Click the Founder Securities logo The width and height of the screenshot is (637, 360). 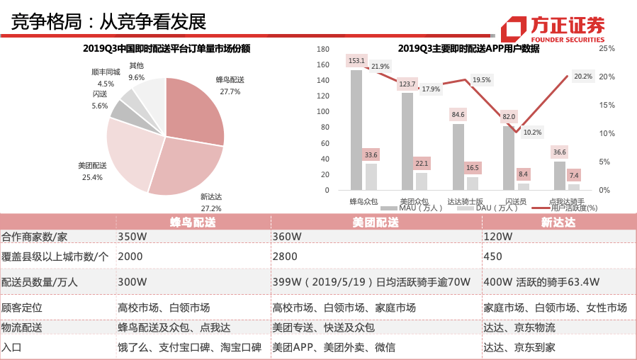[x=553, y=27]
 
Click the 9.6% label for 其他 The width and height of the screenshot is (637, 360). [x=137, y=77]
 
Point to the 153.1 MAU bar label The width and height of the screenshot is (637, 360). [x=356, y=61]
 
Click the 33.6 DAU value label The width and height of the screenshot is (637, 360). [x=371, y=154]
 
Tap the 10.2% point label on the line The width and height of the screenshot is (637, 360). [x=532, y=133]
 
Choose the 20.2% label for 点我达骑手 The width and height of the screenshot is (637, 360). [x=583, y=77]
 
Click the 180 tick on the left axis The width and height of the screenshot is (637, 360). [x=323, y=49]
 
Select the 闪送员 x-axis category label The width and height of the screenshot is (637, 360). [x=514, y=201]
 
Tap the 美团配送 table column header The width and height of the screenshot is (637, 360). [x=376, y=222]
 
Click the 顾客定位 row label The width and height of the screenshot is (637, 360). [x=23, y=308]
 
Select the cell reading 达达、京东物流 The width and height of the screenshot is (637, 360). [x=519, y=327]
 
